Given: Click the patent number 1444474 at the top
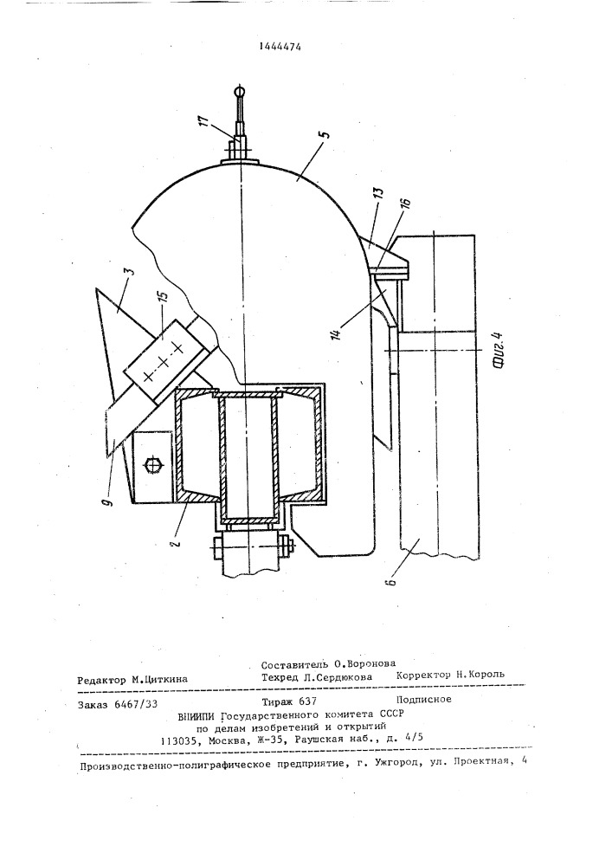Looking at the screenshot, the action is click(x=280, y=47).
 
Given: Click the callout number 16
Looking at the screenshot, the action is click(x=406, y=205).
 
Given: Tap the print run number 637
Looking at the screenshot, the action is click(x=306, y=701).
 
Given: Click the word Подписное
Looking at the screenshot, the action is click(x=424, y=699).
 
